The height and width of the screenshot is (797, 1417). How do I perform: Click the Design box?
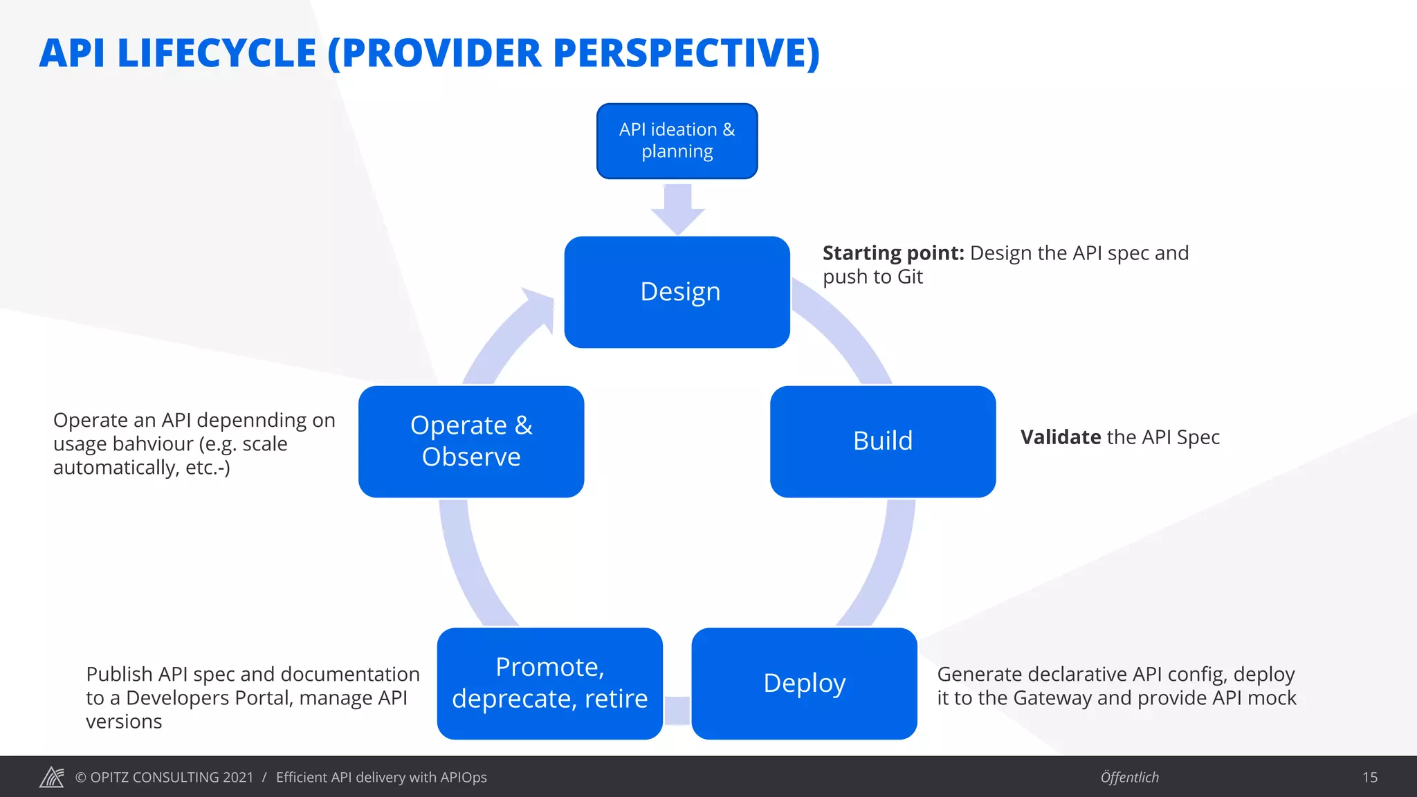tap(677, 292)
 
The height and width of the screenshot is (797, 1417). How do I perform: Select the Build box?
tap(882, 441)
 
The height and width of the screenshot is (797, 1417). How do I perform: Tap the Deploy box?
tap(804, 684)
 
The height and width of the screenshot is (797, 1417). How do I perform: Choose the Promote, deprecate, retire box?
tap(549, 684)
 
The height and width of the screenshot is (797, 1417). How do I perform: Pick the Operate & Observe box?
tap(470, 441)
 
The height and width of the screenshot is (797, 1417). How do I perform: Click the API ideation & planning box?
tap(677, 141)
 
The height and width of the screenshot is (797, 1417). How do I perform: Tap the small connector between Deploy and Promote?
tap(677, 711)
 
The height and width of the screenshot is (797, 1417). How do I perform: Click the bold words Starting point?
tap(893, 253)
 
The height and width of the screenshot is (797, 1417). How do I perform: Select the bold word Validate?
tap(1060, 437)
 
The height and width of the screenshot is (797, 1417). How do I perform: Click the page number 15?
tap(1369, 778)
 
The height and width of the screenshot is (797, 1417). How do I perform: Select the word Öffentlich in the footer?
tap(1129, 778)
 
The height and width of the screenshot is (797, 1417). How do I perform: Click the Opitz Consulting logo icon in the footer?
tap(52, 777)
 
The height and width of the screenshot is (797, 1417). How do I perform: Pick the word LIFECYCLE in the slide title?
tap(217, 53)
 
